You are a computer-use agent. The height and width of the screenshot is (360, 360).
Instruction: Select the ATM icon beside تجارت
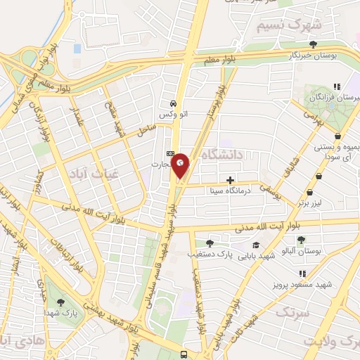pos(170,153)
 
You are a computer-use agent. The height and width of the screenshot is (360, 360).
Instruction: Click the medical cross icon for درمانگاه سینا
pos(231,179)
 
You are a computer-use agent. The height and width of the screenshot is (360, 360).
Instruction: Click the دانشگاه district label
pos(220,153)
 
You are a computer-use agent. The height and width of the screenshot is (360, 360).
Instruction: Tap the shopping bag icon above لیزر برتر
pos(309,192)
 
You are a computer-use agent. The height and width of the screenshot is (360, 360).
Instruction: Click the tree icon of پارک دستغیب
pos(210,243)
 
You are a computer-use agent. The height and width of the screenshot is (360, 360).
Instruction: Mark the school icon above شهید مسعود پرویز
pos(302,274)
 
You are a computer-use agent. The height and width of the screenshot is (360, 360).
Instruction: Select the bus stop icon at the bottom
pos(184,354)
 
